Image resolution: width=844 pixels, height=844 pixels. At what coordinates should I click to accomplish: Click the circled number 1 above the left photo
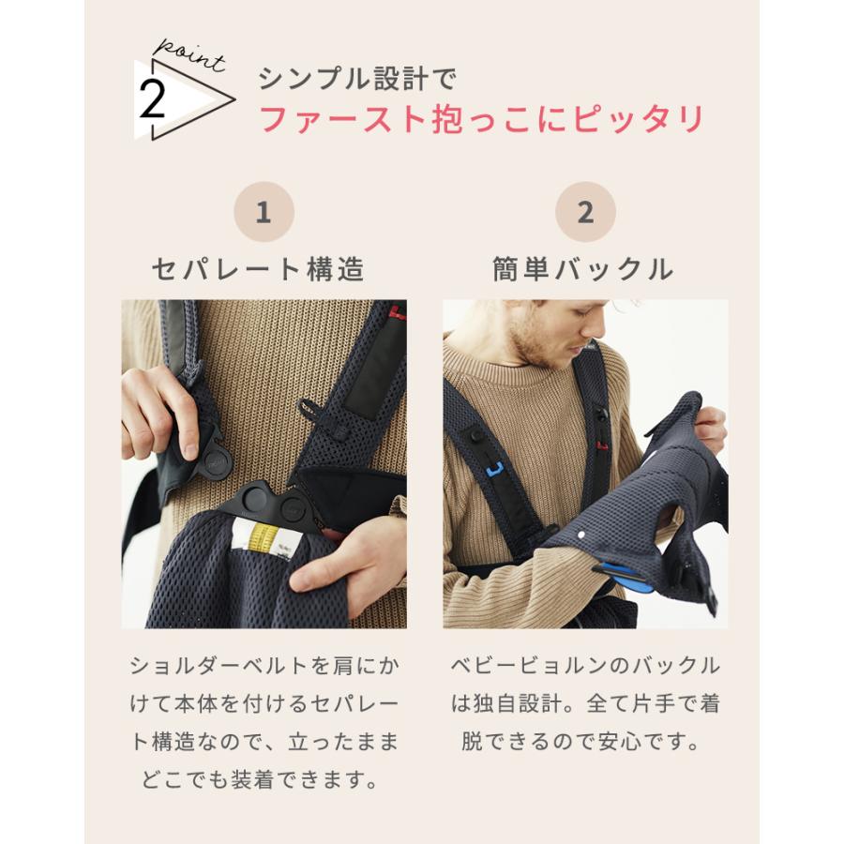click(x=264, y=212)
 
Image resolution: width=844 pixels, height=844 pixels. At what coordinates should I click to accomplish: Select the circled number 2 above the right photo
click(x=585, y=212)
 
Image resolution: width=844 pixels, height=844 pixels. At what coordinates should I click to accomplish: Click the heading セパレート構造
click(x=258, y=270)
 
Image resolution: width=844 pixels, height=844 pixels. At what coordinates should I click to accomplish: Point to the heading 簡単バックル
click(x=583, y=270)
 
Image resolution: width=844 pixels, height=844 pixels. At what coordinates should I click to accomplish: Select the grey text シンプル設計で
click(x=357, y=79)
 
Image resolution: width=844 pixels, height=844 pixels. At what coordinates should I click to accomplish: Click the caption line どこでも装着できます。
click(x=264, y=779)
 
